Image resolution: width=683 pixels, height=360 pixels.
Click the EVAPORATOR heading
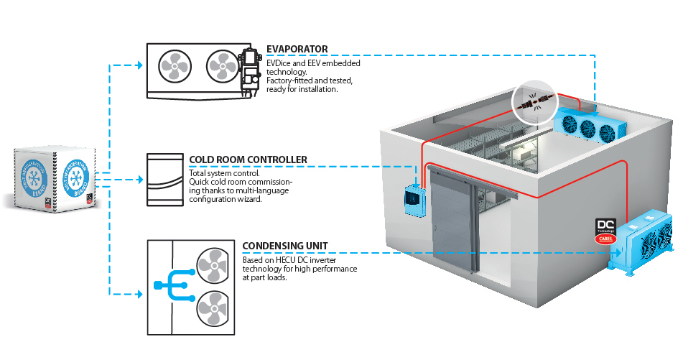click(297, 49)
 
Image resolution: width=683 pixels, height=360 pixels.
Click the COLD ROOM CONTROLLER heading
click(248, 160)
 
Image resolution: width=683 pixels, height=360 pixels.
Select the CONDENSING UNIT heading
click(285, 246)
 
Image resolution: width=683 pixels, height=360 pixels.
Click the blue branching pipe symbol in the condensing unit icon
click(169, 287)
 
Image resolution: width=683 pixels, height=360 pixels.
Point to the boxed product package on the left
click(55, 179)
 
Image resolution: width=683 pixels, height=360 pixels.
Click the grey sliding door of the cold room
click(453, 219)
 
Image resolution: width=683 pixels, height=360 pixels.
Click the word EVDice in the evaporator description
click(279, 63)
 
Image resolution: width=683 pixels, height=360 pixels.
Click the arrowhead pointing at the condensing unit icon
click(139, 294)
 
